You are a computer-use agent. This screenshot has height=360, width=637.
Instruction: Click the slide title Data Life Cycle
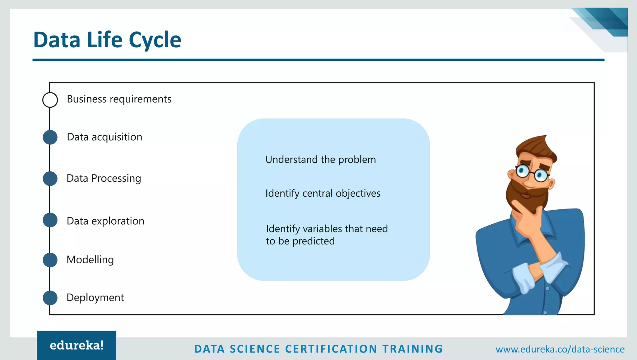(107, 40)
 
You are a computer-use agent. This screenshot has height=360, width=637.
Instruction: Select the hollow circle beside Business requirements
(50, 100)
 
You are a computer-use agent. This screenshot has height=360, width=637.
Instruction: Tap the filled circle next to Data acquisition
(50, 137)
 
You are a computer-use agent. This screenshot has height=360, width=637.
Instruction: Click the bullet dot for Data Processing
(50, 179)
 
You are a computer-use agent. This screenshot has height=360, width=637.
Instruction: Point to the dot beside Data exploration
(50, 220)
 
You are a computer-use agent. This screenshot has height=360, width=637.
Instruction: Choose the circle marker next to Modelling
(50, 260)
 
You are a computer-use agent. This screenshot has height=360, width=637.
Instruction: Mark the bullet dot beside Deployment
(50, 298)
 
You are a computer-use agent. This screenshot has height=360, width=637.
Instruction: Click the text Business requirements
(119, 99)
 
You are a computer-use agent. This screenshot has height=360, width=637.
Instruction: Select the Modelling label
(90, 259)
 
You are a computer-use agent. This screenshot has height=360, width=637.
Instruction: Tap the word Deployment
(95, 297)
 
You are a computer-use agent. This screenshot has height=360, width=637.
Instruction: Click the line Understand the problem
(320, 160)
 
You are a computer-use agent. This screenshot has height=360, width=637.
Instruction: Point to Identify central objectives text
(323, 193)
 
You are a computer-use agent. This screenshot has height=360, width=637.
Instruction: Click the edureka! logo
(77, 345)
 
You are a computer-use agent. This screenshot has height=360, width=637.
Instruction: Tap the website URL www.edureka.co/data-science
(560, 349)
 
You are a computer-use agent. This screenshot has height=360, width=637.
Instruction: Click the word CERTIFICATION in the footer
(331, 349)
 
